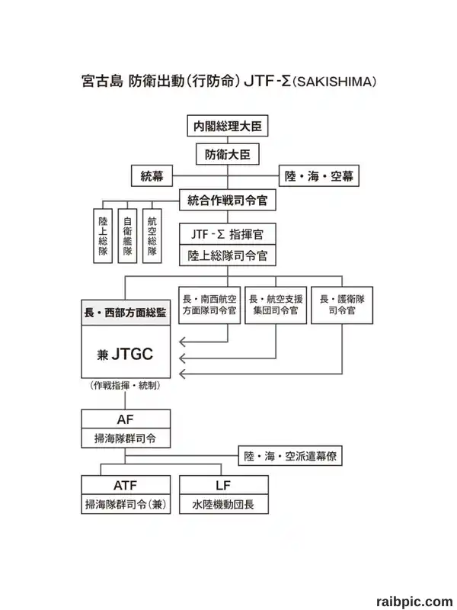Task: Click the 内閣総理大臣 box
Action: click(227, 126)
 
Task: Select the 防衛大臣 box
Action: click(227, 155)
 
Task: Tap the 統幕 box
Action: click(152, 176)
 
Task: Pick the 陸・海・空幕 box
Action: click(318, 176)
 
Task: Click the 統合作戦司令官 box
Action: click(227, 200)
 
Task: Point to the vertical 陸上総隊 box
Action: click(103, 236)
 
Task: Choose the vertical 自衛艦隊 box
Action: click(127, 236)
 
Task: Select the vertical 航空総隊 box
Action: click(152, 236)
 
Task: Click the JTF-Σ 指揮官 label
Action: click(227, 234)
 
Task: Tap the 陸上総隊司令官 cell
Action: click(227, 255)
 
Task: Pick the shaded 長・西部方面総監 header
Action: click(126, 313)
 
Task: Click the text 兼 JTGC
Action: click(125, 354)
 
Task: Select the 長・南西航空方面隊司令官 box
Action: click(209, 305)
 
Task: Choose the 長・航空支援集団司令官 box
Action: click(276, 305)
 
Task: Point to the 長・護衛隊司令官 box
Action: click(342, 305)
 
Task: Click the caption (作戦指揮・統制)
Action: click(125, 386)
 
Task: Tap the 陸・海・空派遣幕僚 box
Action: click(290, 455)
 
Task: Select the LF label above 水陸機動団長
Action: click(223, 486)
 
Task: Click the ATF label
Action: click(125, 486)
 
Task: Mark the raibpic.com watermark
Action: click(414, 602)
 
